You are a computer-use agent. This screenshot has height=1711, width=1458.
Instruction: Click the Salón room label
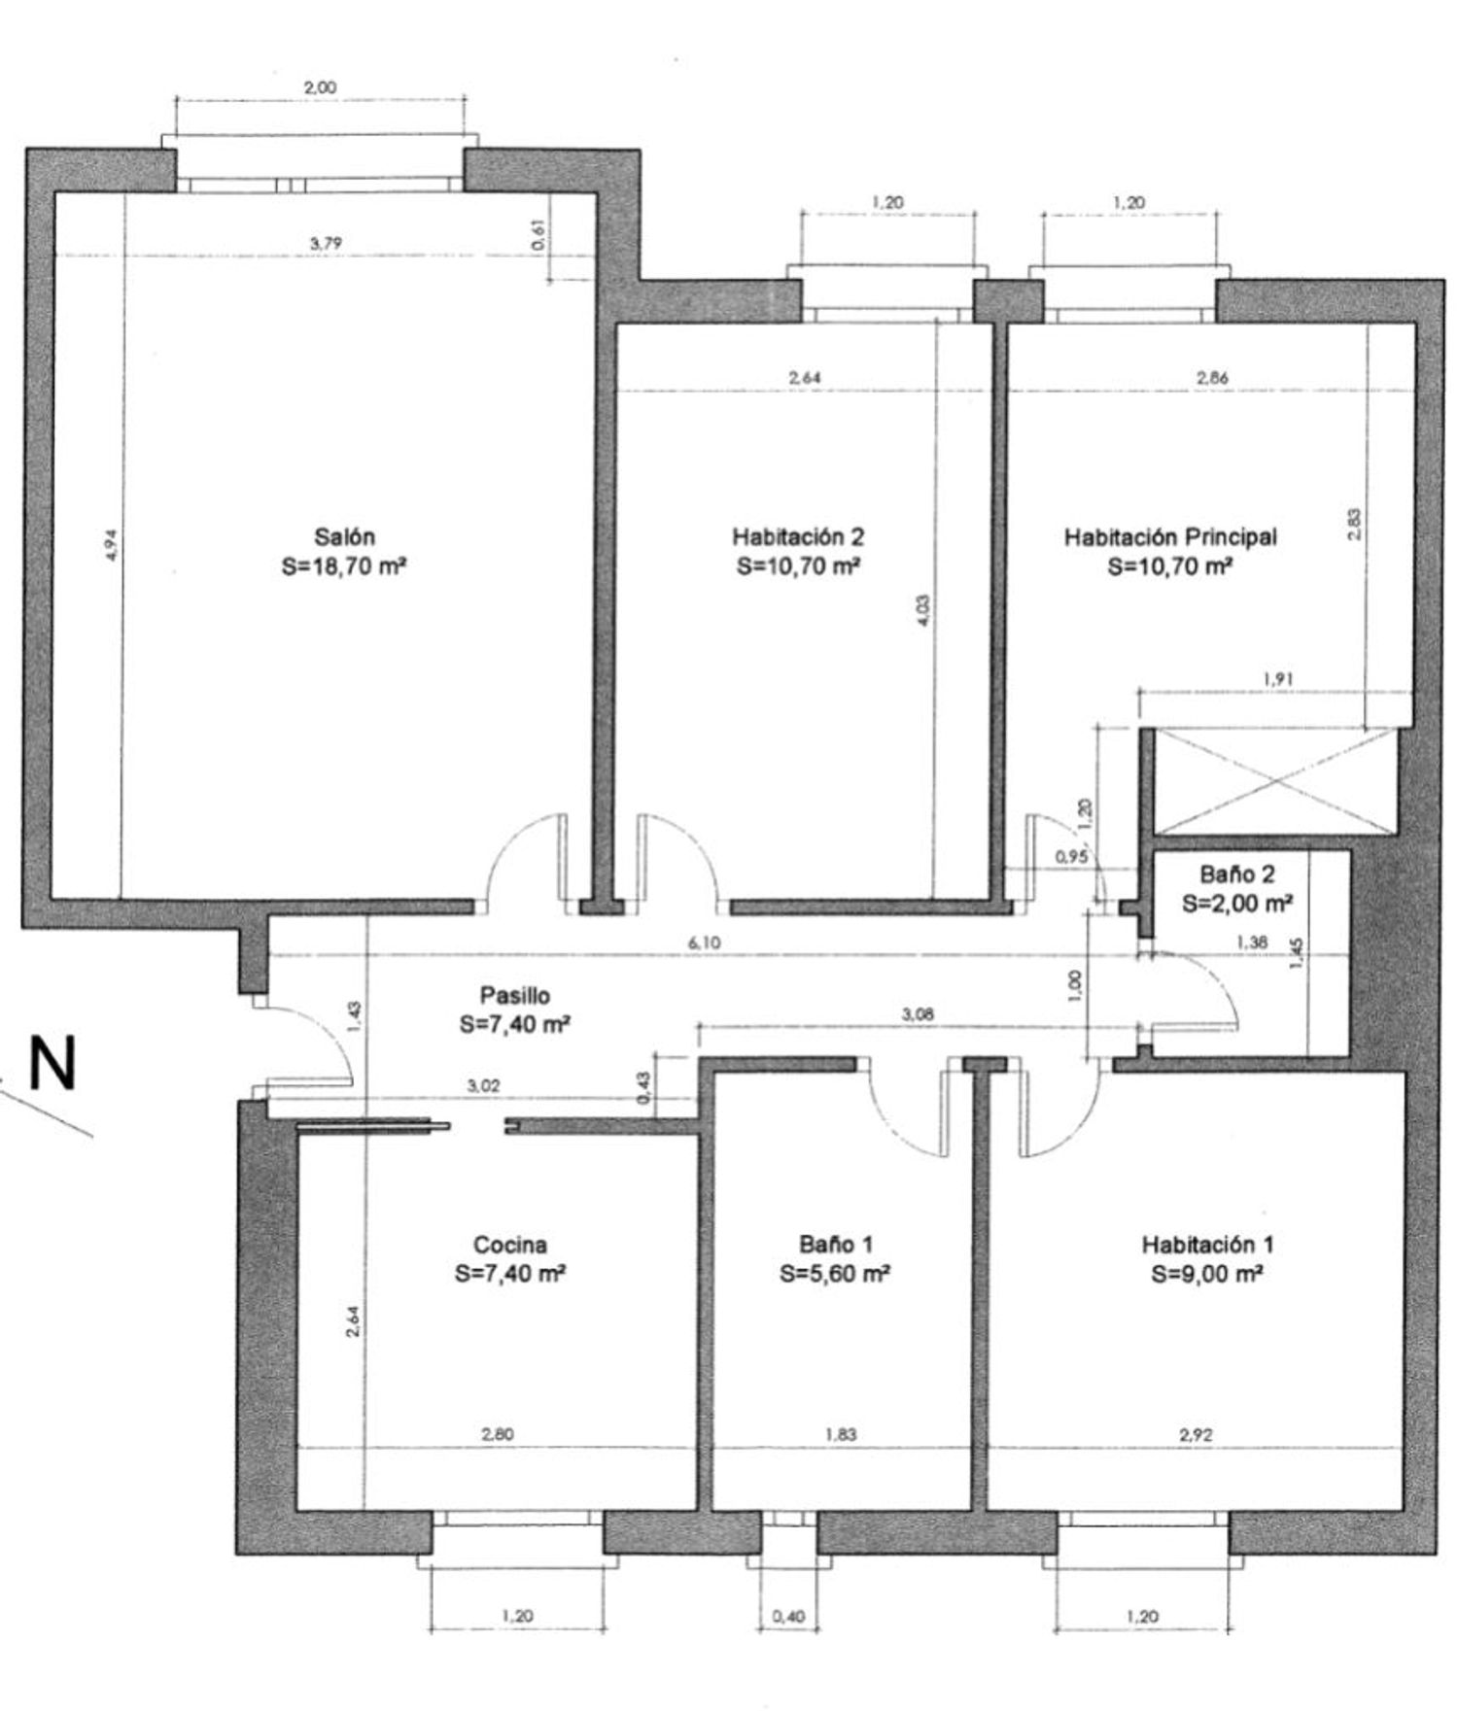pos(344,536)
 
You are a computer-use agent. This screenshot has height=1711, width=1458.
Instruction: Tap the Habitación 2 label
pos(798,536)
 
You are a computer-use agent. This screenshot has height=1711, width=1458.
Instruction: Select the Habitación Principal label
pos(1170,536)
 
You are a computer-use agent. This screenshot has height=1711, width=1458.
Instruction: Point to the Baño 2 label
pos(1237,874)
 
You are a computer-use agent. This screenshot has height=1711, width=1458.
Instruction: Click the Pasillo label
pos(515,996)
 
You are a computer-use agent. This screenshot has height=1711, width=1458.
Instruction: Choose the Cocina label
pos(510,1245)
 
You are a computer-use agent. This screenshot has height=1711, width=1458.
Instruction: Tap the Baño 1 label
pos(836,1245)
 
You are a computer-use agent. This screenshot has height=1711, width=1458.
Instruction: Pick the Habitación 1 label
pos(1207,1245)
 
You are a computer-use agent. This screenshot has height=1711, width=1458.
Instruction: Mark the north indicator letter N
pos(52,1065)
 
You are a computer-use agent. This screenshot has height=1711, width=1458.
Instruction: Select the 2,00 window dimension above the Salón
pos(320,87)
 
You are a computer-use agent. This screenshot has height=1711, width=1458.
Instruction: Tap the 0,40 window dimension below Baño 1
pos(788,1617)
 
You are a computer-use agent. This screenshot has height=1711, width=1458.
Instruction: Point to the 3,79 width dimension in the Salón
pos(326,244)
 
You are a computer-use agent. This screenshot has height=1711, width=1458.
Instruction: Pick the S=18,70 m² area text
pos(344,565)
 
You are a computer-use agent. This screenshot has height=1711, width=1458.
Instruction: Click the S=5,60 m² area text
pos(836,1274)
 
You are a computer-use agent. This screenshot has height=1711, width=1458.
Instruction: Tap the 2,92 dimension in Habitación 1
pos(1196,1434)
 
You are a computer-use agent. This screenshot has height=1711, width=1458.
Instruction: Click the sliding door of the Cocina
pos(373,1126)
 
